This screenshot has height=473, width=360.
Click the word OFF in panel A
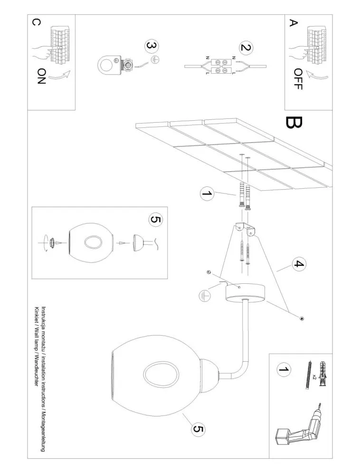point(298,79)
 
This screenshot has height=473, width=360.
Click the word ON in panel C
point(42,76)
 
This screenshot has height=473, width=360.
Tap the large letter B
point(294,123)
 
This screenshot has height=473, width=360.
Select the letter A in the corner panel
point(293,23)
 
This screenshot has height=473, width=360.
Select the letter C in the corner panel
point(35,23)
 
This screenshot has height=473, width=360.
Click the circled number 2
point(246,48)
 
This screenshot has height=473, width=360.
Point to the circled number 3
point(152,47)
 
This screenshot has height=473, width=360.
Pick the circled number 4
point(299,264)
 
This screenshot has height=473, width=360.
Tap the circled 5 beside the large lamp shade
point(198,429)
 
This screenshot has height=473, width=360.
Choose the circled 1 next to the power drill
point(284,369)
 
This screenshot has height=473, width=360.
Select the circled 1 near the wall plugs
point(207,193)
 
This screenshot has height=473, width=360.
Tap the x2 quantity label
point(314,376)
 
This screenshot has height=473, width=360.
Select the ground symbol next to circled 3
point(155,60)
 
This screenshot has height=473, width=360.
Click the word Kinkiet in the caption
point(37,315)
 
